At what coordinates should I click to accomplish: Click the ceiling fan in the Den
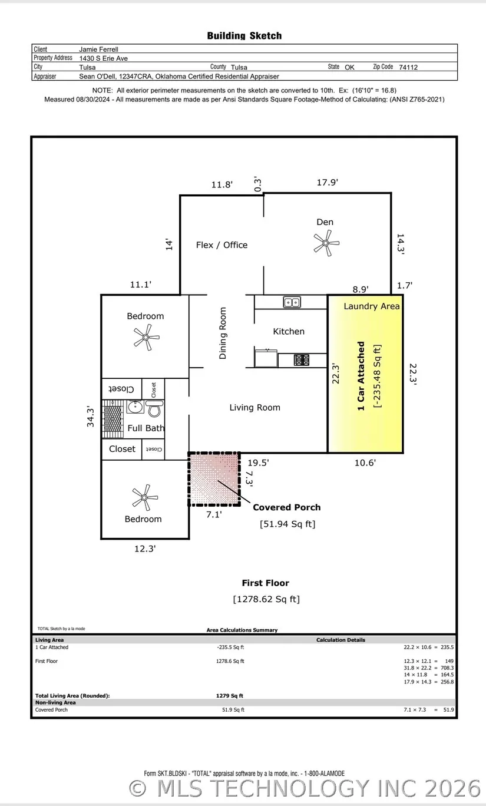(326, 243)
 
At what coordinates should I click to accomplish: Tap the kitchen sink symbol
(292, 302)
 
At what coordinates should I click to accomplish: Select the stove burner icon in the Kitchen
(301, 360)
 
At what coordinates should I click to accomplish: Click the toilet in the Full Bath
(155, 409)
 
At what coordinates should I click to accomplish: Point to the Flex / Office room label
(221, 245)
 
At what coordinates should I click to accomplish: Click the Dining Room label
(223, 333)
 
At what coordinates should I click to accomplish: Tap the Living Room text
(254, 407)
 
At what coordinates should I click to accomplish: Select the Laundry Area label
(372, 306)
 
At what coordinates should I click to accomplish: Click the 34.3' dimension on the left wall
(90, 417)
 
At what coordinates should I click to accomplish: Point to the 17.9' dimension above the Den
(328, 183)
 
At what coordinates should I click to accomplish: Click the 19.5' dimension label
(258, 463)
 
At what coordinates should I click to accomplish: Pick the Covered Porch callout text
(287, 507)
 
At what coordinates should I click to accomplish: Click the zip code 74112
(408, 67)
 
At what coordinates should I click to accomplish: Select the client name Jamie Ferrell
(98, 49)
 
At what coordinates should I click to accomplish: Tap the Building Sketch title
(244, 35)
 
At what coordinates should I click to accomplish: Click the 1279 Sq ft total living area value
(230, 696)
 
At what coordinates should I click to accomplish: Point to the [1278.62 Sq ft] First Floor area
(266, 599)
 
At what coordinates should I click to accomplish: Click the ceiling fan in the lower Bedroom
(144, 497)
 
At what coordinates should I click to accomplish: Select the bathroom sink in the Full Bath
(135, 407)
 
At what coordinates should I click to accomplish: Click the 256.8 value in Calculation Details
(447, 682)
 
